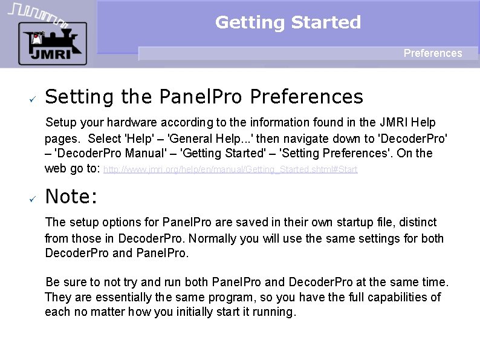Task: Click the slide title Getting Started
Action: click(x=288, y=22)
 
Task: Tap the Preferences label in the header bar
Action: click(x=433, y=53)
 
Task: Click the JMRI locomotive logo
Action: click(x=52, y=43)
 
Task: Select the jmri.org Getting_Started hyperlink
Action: click(x=230, y=170)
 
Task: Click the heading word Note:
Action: click(x=71, y=197)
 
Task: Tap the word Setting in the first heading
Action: click(x=80, y=97)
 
